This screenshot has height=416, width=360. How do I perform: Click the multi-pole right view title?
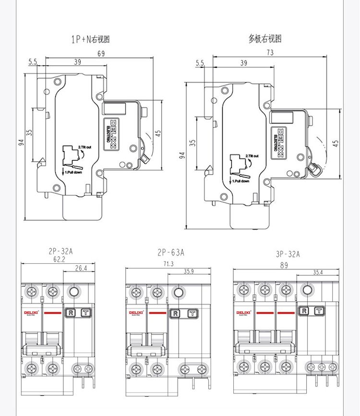tap(264, 39)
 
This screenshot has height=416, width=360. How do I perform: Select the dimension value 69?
tap(101, 54)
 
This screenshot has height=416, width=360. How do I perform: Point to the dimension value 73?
tap(270, 53)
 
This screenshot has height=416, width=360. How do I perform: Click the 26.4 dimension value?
tap(81, 268)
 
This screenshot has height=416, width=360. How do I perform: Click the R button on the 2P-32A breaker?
tap(70, 312)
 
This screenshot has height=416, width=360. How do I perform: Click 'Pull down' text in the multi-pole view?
tap(242, 181)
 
